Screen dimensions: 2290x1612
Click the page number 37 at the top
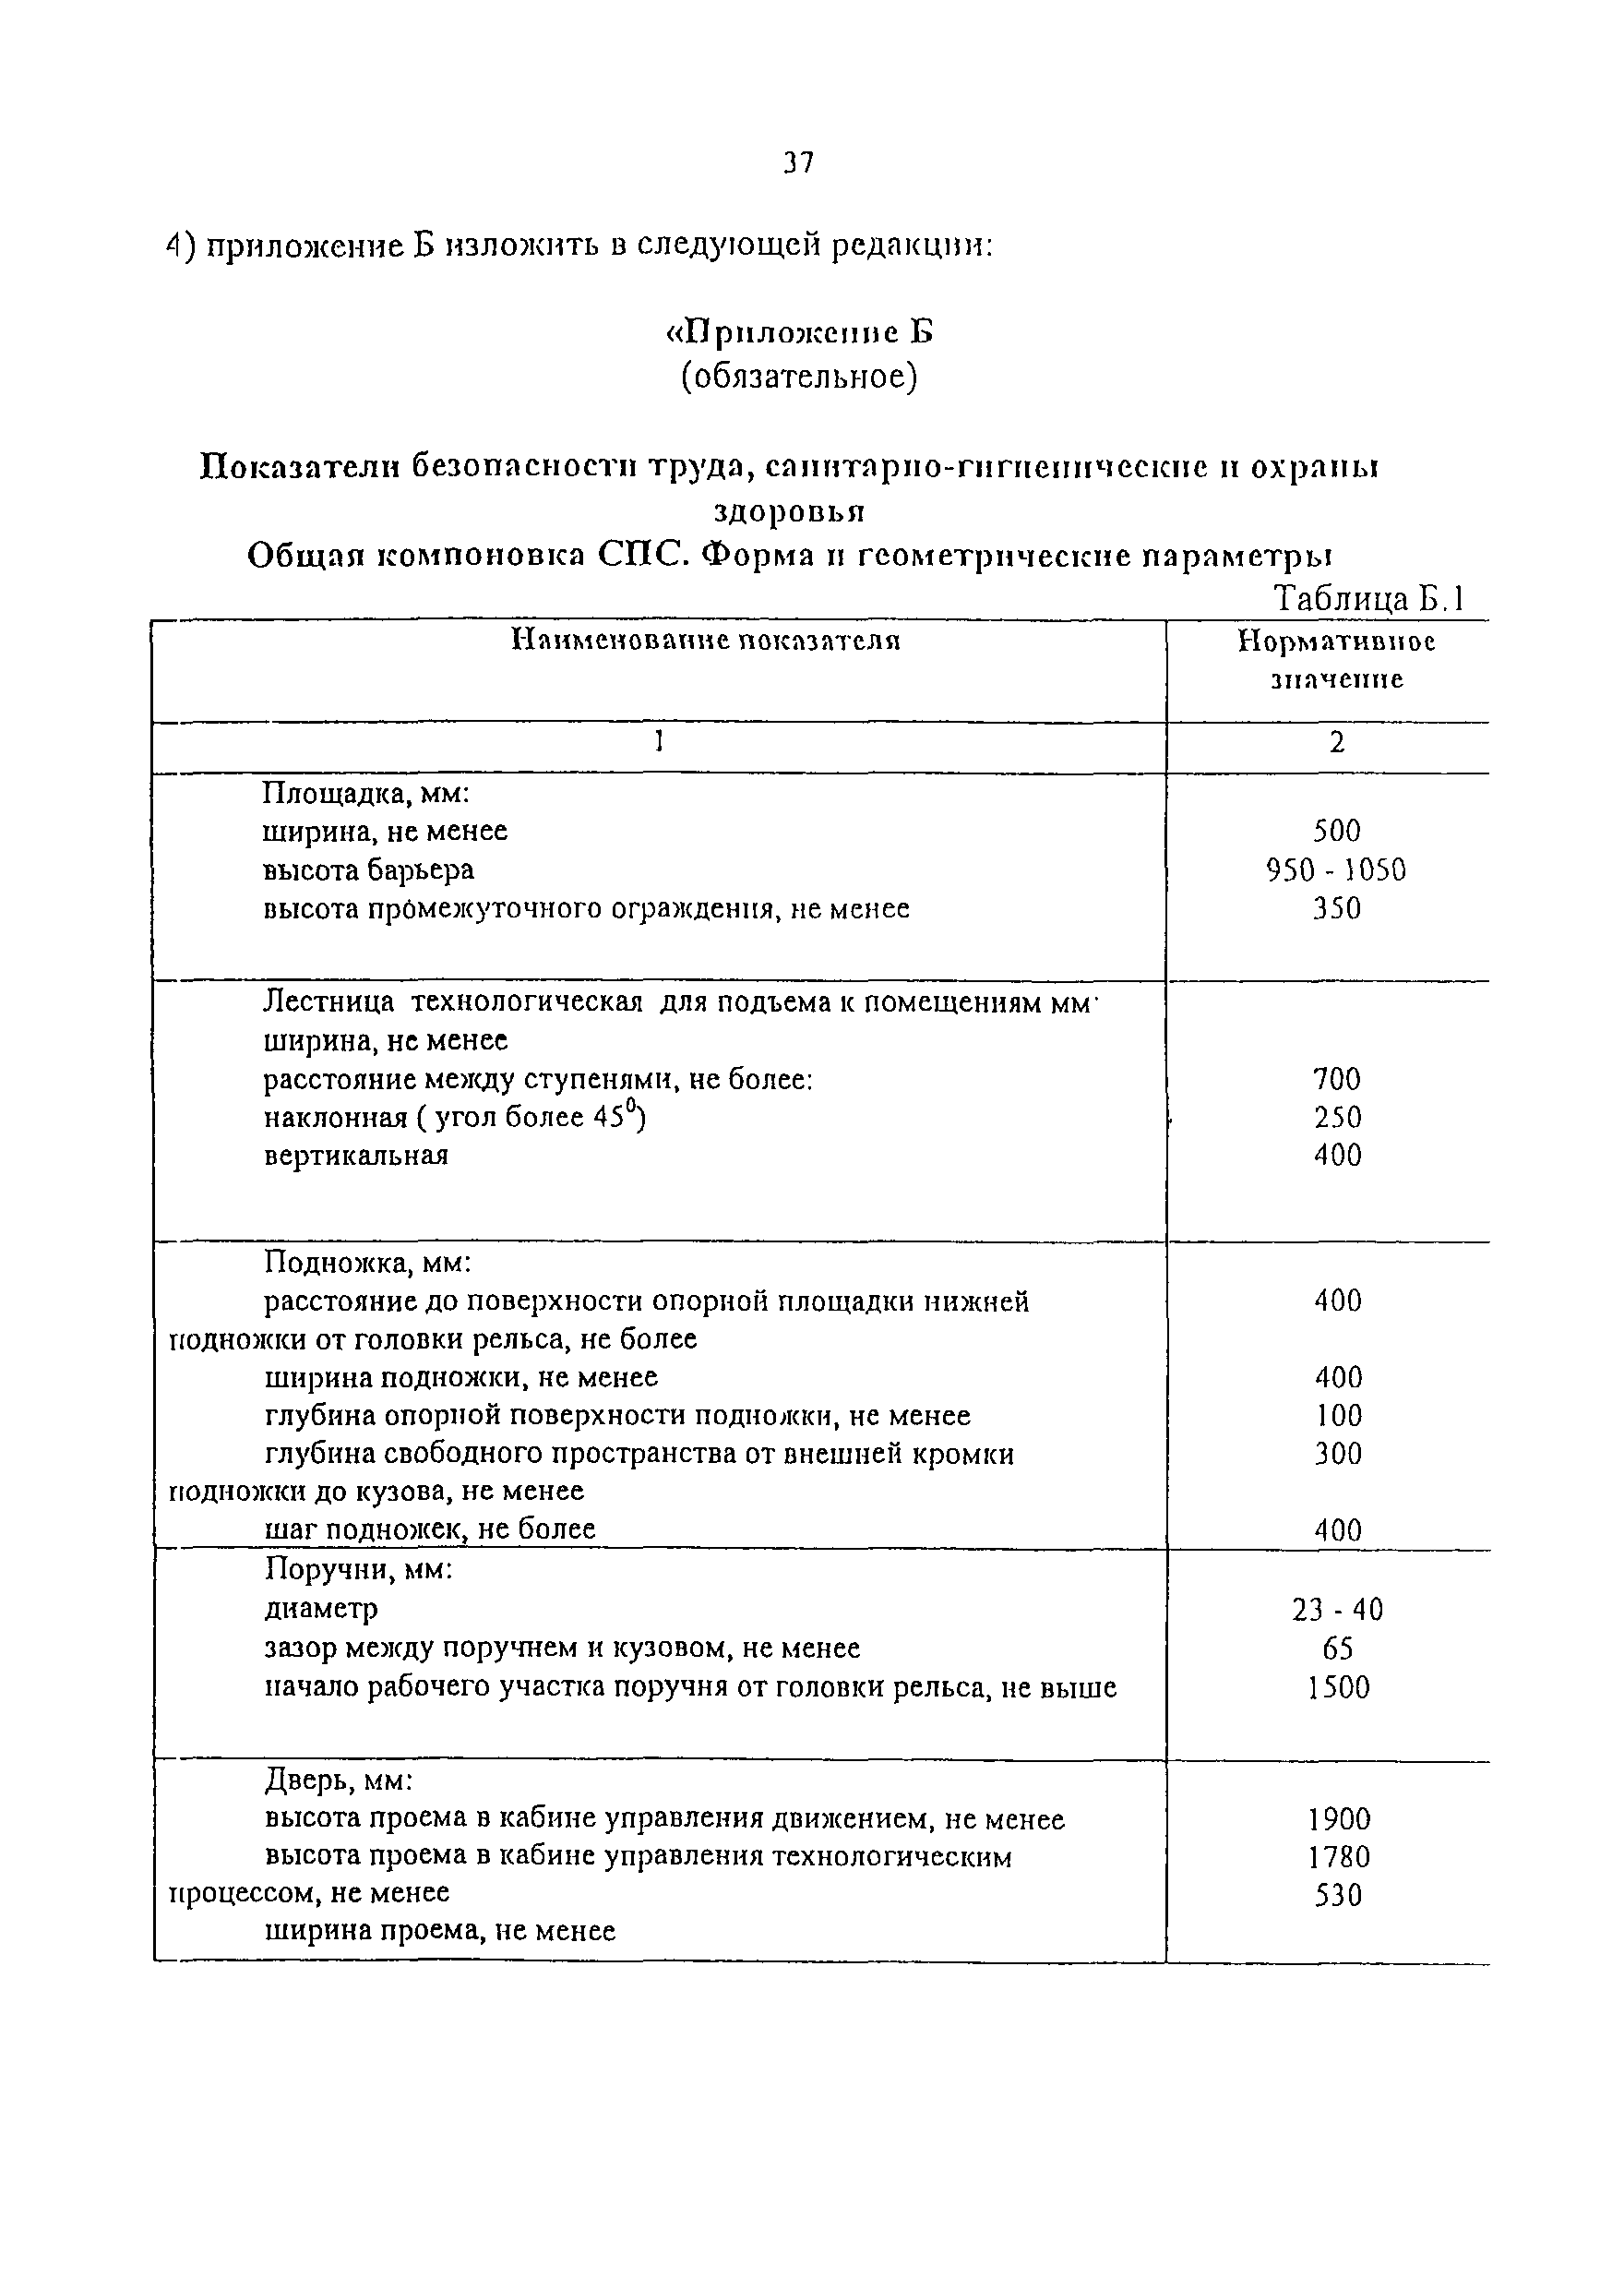pos(798,162)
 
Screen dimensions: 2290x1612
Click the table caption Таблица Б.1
pos(1367,598)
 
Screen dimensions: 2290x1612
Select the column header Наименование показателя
pos(706,641)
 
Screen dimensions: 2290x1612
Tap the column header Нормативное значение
pos(1336,659)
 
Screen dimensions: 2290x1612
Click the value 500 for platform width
pos(1337,830)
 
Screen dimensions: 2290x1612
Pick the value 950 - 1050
pos(1336,869)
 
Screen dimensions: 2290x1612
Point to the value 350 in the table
pos(1337,908)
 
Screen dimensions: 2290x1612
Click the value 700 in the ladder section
pos(1337,1078)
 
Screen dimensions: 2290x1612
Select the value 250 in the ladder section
pos(1337,1117)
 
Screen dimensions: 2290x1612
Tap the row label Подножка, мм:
pos(367,1263)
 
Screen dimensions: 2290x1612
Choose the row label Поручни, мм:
pos(359,1570)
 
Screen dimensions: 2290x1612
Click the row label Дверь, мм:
pos(339,1780)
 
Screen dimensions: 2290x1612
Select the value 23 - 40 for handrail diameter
pos(1337,1609)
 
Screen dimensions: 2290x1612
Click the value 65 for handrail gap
pos(1337,1648)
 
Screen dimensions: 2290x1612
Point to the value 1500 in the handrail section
pos(1338,1687)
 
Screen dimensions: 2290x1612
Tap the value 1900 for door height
pos(1339,1819)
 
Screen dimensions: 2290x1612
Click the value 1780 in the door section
pos(1339,1857)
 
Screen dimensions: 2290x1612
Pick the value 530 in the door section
pos(1338,1895)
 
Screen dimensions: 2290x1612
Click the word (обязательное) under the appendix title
pos(798,377)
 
